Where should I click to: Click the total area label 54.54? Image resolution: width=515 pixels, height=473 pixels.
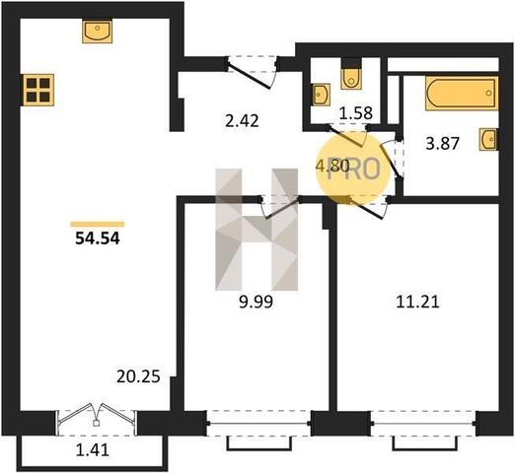98,238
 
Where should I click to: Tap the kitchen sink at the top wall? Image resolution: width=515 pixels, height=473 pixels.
97,31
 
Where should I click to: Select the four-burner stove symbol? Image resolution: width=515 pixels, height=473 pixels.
37,90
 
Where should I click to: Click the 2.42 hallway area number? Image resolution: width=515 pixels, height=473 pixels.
242,121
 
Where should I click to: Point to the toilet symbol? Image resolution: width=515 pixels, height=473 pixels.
351,78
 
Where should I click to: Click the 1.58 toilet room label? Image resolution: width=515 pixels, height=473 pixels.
356,113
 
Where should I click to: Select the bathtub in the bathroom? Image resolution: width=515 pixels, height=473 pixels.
462,93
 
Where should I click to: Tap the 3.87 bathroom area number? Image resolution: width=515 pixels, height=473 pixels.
442,144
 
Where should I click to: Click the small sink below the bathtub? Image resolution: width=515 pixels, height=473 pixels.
488,139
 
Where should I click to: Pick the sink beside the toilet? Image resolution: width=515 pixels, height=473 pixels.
321,95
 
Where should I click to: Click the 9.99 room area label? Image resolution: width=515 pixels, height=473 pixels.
256,302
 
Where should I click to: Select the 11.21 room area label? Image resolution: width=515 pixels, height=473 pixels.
417,302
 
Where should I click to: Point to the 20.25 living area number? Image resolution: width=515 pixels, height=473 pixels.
138,376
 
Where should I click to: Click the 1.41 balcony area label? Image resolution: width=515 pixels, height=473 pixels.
93,450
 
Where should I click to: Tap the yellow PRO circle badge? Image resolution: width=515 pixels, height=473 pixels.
353,169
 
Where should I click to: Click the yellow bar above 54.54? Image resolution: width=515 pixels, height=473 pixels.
98,225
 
